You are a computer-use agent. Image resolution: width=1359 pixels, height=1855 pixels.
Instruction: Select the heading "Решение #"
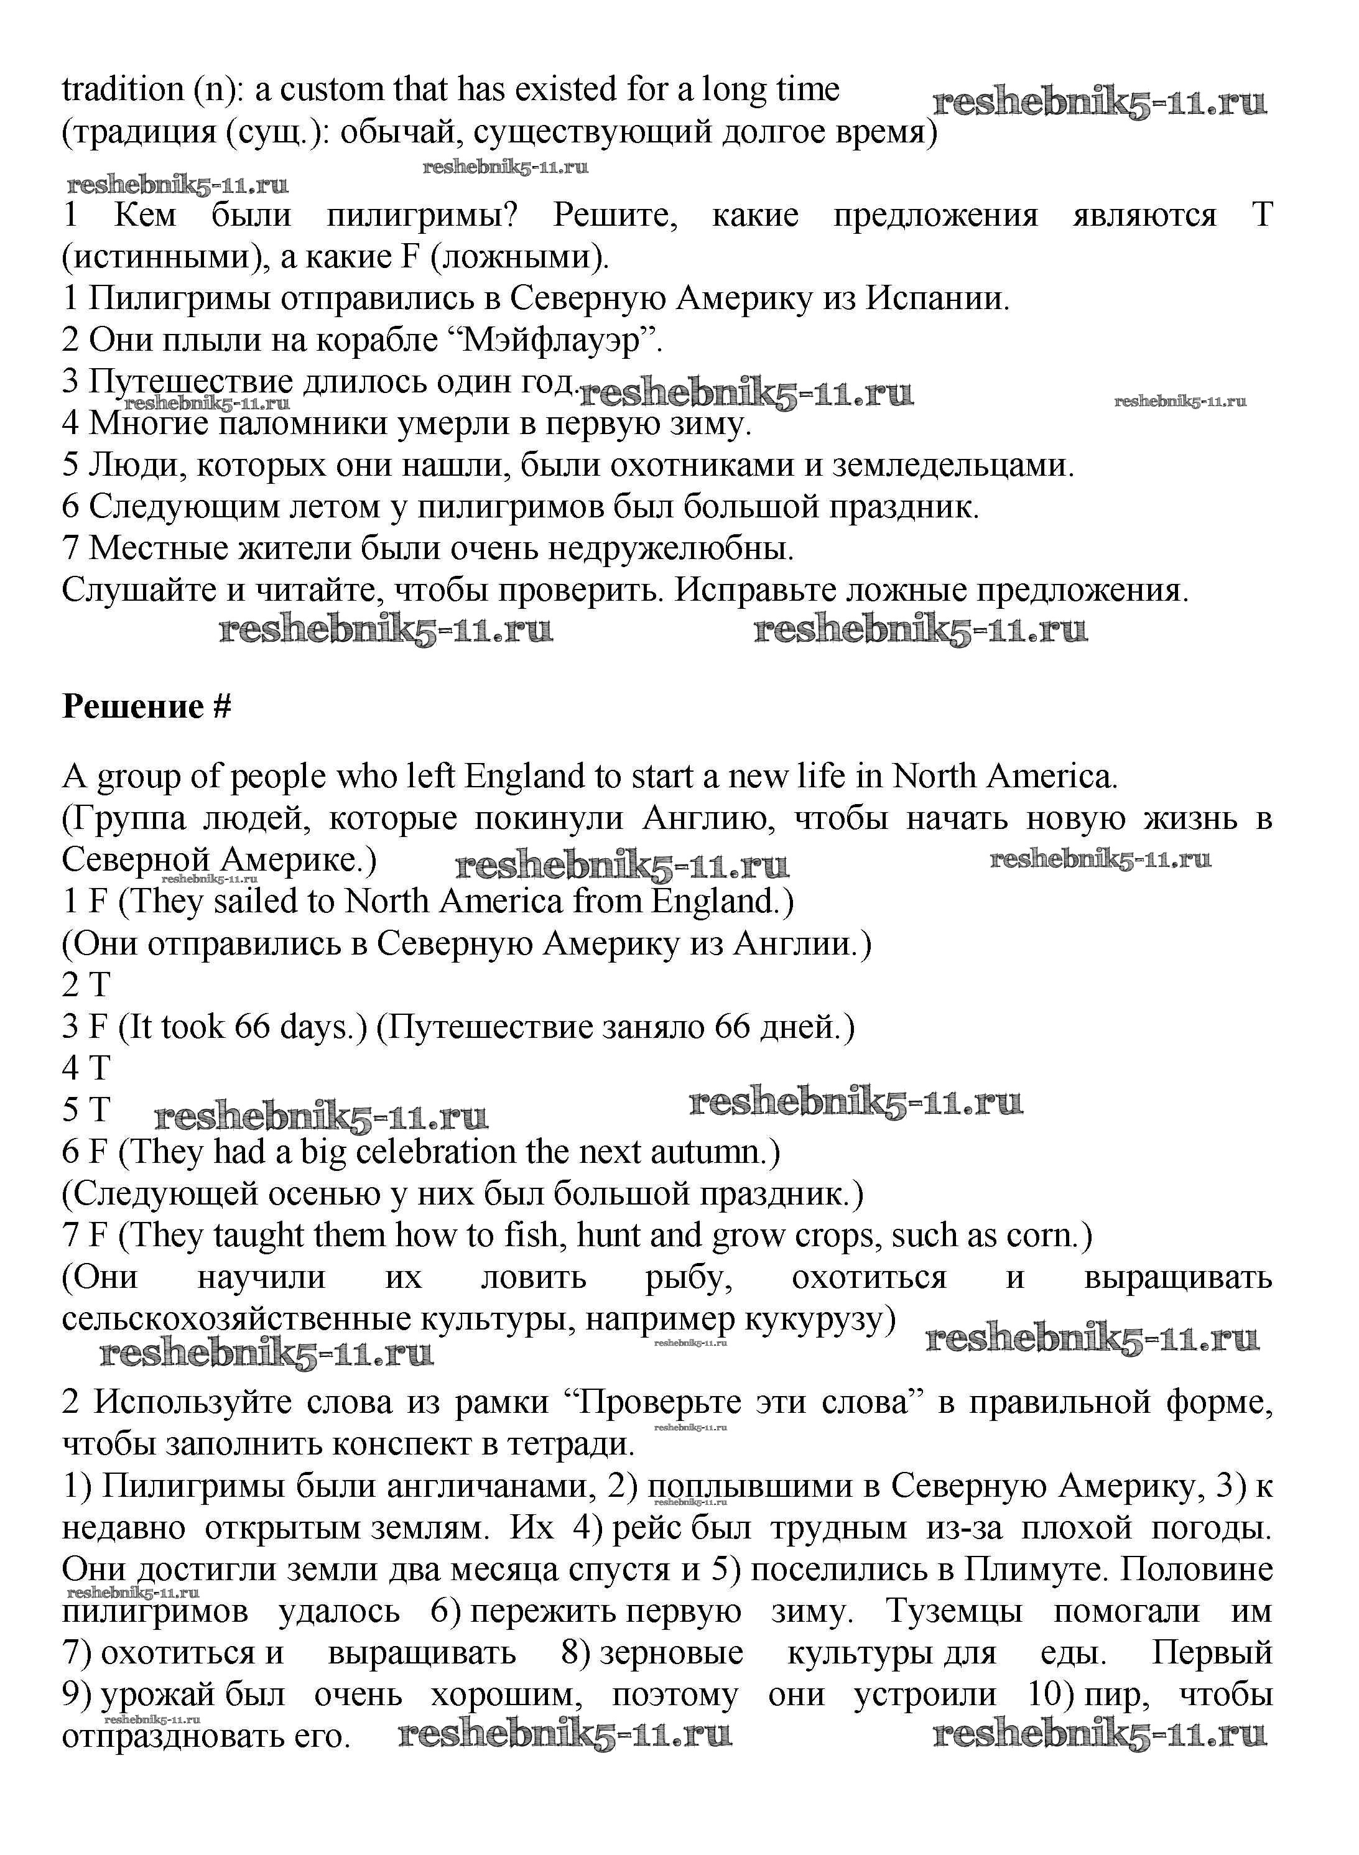pyautogui.click(x=146, y=706)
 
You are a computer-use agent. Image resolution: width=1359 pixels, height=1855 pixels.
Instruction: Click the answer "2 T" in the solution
pyautogui.click(x=86, y=985)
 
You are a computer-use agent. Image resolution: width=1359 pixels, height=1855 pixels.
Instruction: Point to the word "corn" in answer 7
pyautogui.click(x=1042, y=1236)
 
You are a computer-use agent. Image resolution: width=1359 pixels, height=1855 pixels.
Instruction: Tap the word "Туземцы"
pyautogui.click(x=953, y=1612)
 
